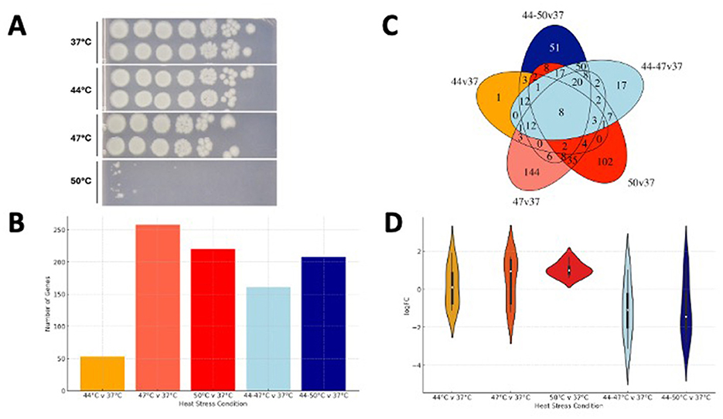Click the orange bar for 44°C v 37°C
click(102, 373)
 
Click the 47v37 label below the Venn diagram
click(505, 202)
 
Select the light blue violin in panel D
click(629, 310)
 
